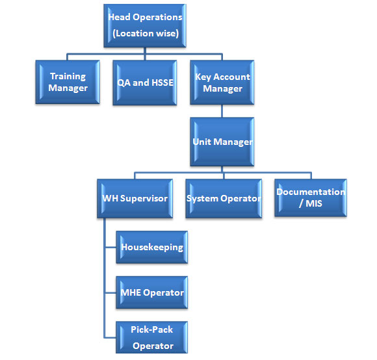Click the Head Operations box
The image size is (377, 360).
tap(145, 25)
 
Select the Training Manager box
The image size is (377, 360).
tap(68, 82)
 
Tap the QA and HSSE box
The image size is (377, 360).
tap(145, 83)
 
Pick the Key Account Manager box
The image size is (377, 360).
tap(222, 83)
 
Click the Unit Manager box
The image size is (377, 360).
tap(222, 142)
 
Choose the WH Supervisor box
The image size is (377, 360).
tap(135, 198)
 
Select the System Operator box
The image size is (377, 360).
tap(224, 198)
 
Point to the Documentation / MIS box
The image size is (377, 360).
tap(311, 198)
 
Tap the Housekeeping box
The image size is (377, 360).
tap(151, 247)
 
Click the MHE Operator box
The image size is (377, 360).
tap(151, 292)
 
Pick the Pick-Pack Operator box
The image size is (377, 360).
tap(151, 337)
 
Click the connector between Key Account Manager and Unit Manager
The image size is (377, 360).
tap(222, 111)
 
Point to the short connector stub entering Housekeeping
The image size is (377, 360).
tap(111, 247)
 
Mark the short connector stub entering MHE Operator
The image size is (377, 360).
tap(111, 292)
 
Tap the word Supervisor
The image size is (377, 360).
tap(144, 199)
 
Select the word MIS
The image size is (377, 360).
tap(313, 203)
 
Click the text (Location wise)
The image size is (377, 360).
tap(146, 33)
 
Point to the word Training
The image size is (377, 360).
tap(68, 77)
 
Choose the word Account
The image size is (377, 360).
tap(231, 77)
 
